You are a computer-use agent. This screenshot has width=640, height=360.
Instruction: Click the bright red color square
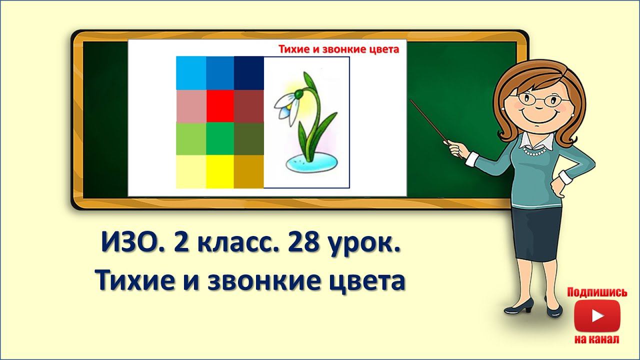tap(220, 106)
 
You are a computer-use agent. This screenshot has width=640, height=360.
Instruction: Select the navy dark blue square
tap(249, 73)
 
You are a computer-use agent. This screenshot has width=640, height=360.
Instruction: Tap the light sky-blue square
tap(191, 73)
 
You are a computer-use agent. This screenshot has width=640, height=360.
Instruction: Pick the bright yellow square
tap(220, 171)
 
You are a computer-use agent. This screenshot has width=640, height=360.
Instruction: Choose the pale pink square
tap(191, 106)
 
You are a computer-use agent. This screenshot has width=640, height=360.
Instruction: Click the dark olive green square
tap(249, 138)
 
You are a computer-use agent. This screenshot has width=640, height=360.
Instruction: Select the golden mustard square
tap(249, 171)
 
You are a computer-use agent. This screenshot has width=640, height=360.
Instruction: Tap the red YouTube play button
tap(597, 316)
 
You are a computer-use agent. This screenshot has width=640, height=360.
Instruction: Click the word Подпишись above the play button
tap(597, 292)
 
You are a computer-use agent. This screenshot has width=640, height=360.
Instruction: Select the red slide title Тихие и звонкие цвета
tap(339, 49)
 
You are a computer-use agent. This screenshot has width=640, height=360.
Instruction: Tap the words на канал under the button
tap(597, 339)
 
